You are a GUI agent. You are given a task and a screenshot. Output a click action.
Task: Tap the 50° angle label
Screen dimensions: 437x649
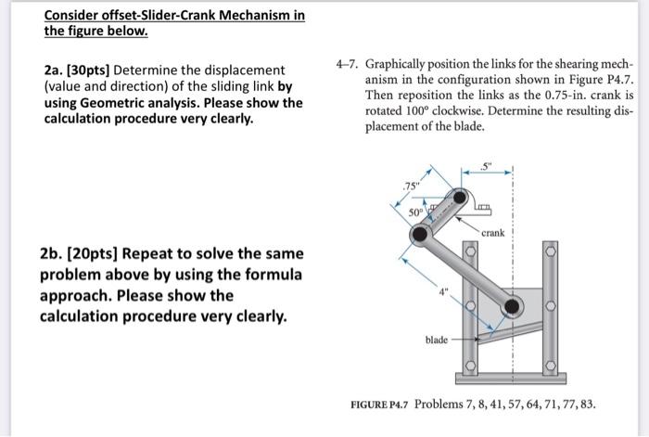[414, 212]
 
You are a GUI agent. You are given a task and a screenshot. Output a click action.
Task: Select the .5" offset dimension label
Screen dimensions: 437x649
[488, 166]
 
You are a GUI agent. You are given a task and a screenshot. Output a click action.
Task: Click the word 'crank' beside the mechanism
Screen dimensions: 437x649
[492, 233]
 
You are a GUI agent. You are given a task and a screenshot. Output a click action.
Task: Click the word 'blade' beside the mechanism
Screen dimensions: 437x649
[437, 340]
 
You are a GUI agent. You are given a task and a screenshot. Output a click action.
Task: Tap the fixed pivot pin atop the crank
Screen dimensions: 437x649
[461, 198]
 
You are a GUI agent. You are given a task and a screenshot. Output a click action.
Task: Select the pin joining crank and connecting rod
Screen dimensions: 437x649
[421, 236]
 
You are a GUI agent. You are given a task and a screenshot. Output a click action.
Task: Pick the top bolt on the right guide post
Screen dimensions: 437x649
[551, 251]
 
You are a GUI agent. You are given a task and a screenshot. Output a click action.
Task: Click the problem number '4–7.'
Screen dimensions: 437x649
[348, 68]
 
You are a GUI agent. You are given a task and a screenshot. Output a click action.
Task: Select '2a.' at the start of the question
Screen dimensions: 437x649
[54, 71]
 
